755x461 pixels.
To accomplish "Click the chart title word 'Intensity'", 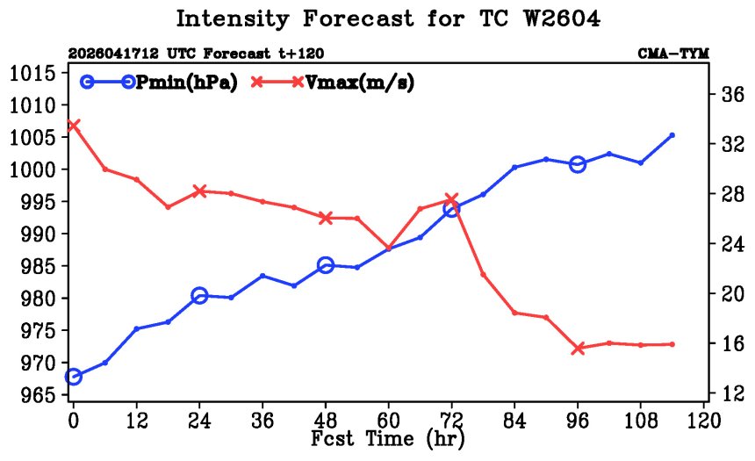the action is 232,19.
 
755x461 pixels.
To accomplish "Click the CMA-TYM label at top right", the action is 673,53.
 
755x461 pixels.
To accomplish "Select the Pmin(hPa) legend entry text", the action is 187,83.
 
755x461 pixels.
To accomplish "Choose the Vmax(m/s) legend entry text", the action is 360,83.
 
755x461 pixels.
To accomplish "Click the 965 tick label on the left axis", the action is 38,395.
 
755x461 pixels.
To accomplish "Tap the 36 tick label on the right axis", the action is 732,94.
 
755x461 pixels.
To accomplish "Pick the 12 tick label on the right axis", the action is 732,394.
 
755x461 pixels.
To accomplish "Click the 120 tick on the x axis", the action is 703,421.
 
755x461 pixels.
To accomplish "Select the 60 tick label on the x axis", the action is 388,421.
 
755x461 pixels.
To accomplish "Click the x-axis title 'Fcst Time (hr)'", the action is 388,439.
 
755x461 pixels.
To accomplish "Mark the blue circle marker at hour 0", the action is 73,376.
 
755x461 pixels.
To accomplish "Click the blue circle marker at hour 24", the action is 199,296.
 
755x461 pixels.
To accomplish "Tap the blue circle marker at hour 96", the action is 578,164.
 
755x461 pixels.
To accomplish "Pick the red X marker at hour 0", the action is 73,126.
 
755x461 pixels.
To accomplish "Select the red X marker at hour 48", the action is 326,218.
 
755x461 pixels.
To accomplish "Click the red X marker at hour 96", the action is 578,349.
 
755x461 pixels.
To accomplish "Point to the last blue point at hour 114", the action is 672,135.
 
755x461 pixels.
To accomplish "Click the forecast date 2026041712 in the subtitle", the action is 112,53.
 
